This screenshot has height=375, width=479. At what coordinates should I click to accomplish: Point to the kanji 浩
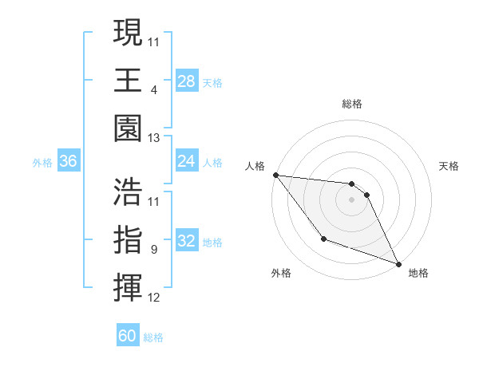(x=128, y=191)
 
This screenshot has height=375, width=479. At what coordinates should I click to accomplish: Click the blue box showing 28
(x=187, y=81)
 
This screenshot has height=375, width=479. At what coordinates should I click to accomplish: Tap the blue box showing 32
(x=187, y=242)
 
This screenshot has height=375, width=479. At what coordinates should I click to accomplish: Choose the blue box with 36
(x=69, y=162)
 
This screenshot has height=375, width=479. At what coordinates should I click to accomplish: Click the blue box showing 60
(x=128, y=336)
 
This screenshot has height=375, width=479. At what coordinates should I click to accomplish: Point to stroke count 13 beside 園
(x=154, y=138)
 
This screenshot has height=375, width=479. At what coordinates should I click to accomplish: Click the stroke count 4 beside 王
(x=153, y=89)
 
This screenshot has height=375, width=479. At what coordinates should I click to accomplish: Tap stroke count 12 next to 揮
(x=154, y=298)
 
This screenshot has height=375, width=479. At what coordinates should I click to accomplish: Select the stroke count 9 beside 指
(x=153, y=250)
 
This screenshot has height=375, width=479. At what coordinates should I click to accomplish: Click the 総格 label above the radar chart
(x=352, y=104)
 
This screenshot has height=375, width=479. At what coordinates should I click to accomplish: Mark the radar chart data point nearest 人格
(x=275, y=175)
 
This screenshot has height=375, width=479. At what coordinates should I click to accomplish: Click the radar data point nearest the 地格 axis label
(x=399, y=264)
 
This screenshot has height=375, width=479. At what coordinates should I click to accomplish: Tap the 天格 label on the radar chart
(x=449, y=166)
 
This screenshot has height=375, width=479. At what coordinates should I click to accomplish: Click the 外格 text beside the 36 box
(x=42, y=163)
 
